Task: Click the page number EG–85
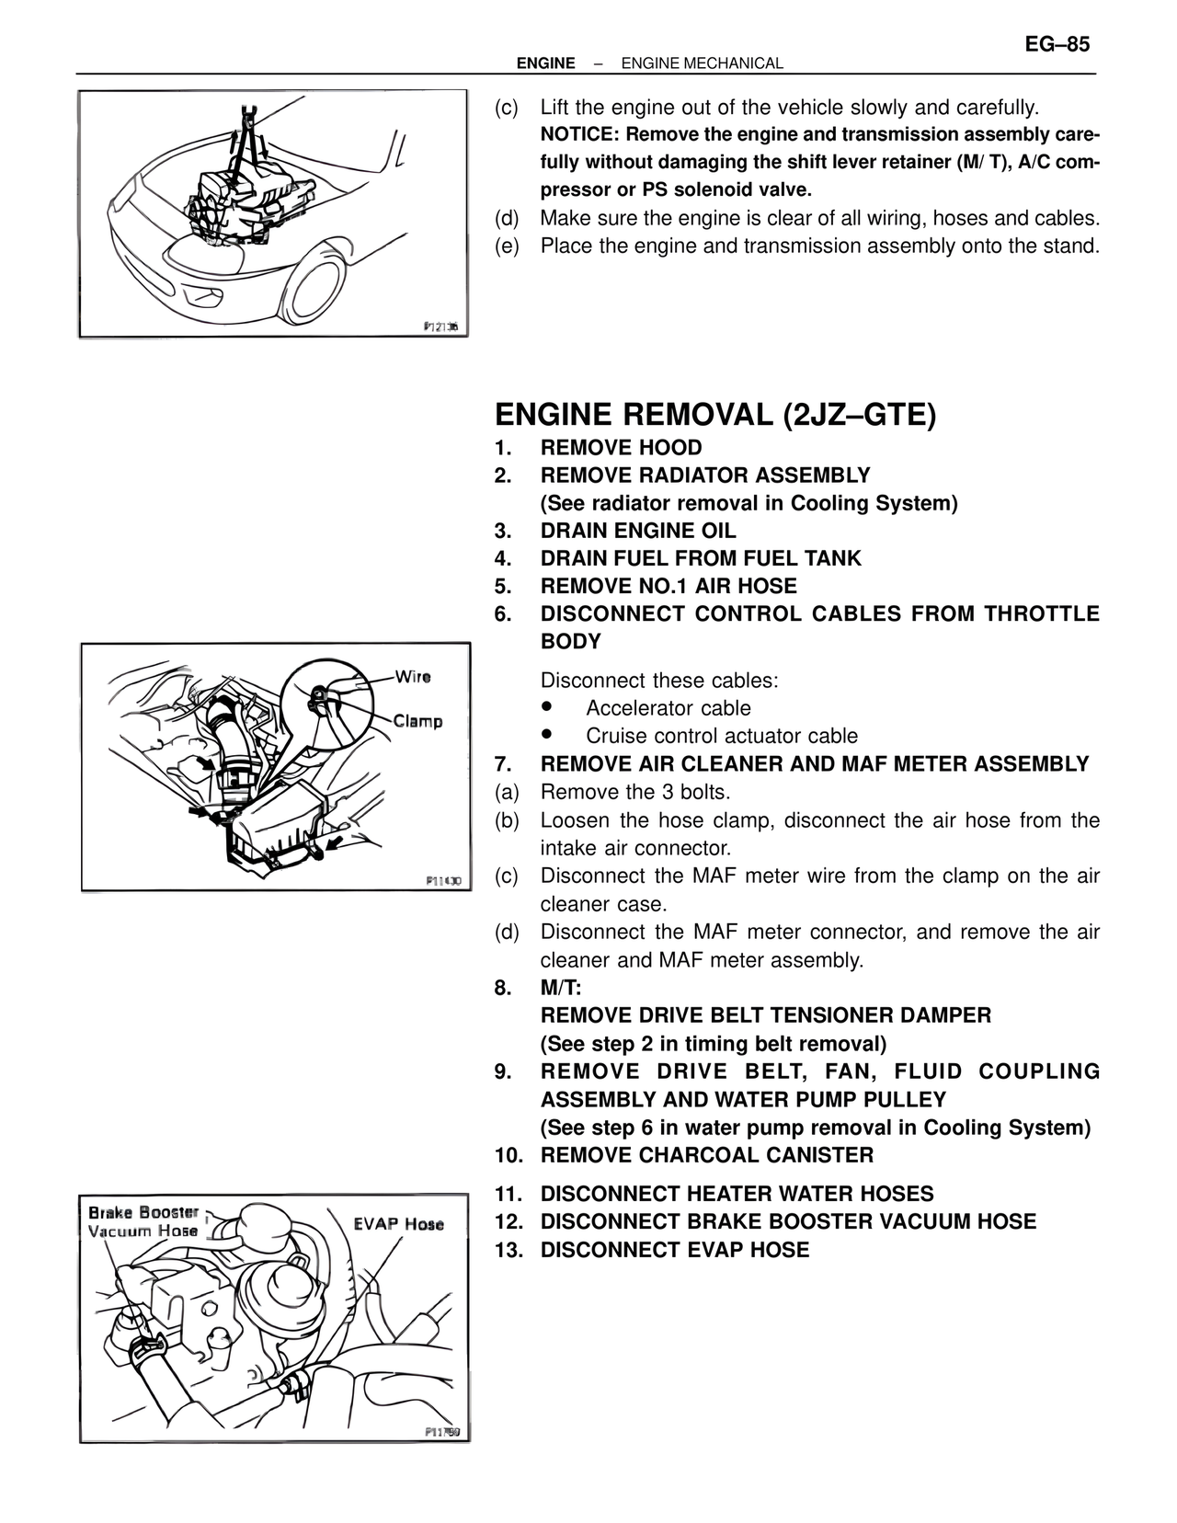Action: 1057,44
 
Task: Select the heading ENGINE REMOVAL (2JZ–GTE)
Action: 714,415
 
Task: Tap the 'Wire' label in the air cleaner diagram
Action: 412,677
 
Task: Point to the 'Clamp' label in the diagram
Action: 417,721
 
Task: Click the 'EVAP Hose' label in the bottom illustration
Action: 398,1224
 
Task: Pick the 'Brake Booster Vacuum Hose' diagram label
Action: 143,1221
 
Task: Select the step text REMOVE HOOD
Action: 621,448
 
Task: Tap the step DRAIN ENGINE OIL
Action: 638,531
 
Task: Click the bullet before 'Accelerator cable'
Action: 548,707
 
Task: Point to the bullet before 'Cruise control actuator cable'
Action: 548,735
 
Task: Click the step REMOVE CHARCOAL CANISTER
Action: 706,1155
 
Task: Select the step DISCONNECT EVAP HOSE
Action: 674,1250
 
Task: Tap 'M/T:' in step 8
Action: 561,988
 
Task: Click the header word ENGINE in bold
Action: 545,63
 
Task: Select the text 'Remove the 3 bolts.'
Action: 634,792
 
